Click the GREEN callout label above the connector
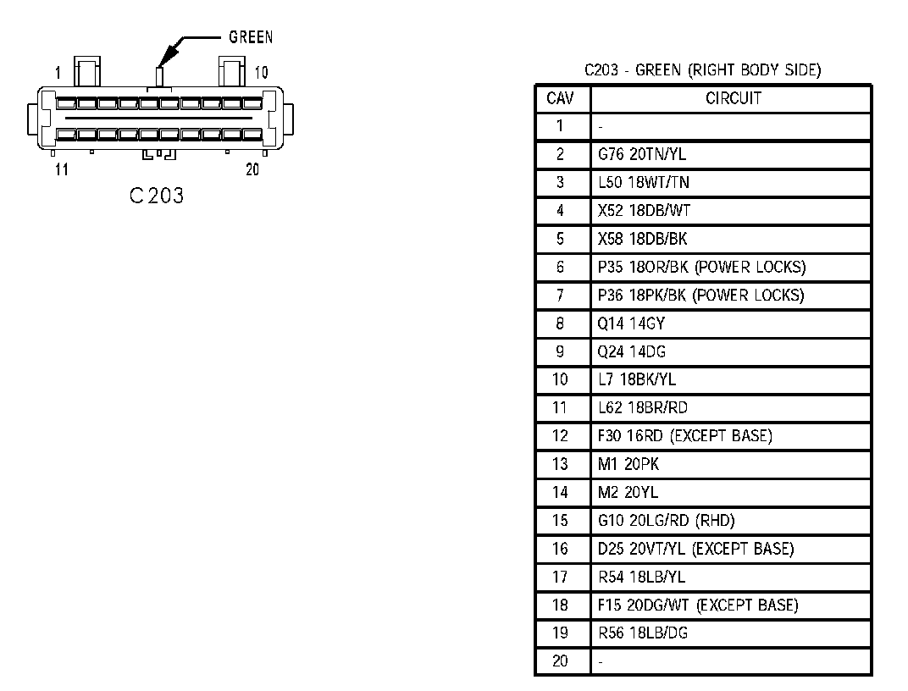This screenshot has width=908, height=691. point(251,37)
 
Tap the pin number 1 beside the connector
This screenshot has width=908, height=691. point(58,73)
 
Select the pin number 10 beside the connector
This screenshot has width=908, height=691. point(261,73)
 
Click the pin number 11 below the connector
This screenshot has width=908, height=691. point(61,169)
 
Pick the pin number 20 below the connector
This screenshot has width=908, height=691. point(252,169)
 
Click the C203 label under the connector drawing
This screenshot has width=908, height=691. point(157,196)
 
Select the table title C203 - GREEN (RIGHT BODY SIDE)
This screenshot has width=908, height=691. point(702,70)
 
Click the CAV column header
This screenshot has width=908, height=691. point(560,98)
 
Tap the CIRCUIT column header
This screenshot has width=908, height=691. point(733,98)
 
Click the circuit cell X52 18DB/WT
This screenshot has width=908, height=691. point(637,211)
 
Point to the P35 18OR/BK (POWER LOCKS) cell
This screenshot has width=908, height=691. point(701,268)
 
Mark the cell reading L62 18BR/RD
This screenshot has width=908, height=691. point(642,408)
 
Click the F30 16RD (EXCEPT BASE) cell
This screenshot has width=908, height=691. point(684,436)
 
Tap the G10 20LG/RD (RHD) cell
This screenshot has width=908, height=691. point(660,521)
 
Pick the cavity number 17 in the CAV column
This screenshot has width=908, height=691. point(560,578)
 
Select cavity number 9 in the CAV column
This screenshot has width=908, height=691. point(560,351)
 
